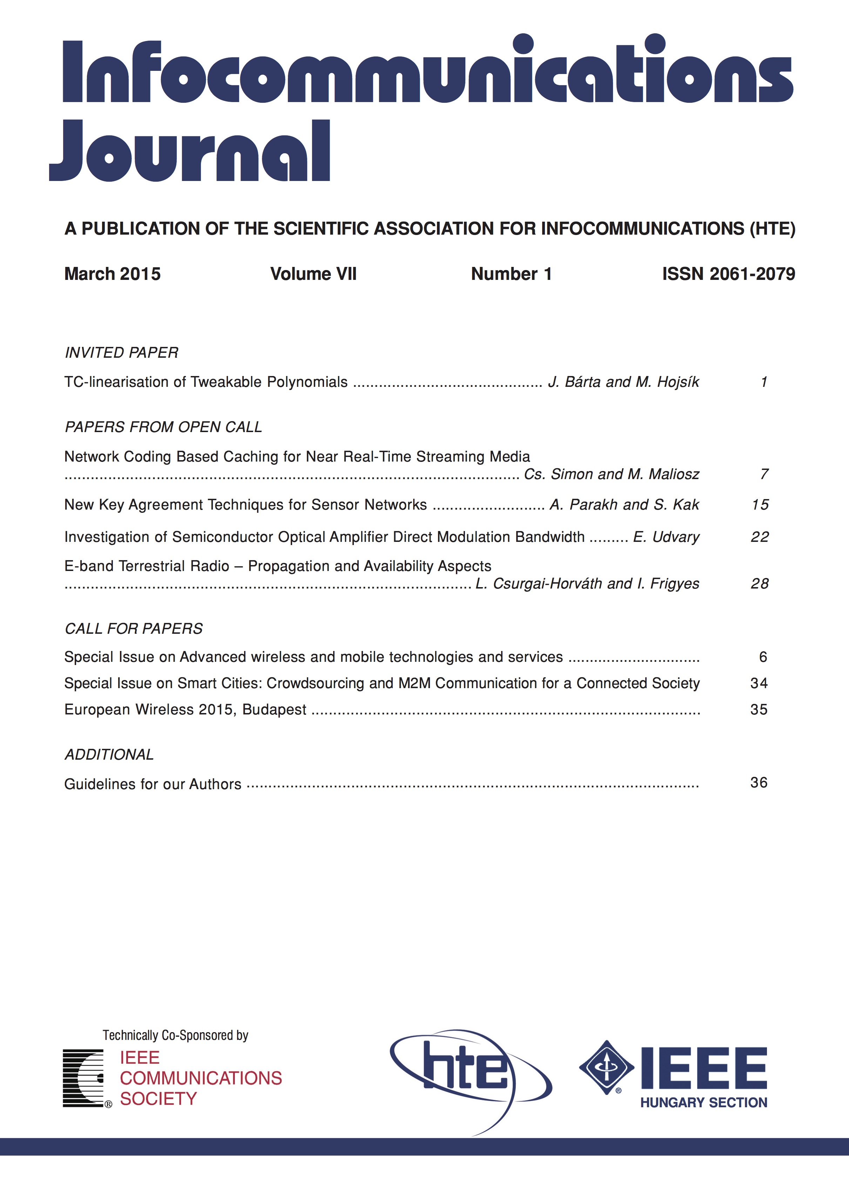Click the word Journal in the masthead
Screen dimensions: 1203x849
(x=190, y=152)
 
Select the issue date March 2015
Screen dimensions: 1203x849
(x=112, y=274)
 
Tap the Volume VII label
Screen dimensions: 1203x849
(x=313, y=274)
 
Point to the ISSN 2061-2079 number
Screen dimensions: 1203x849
(x=728, y=274)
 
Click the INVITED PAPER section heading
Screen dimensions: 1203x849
(x=121, y=352)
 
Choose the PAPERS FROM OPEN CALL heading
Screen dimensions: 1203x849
(x=163, y=427)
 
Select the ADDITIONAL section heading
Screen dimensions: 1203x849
(x=109, y=754)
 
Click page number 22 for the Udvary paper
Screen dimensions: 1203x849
(x=760, y=537)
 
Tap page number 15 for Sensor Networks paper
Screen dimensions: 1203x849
(x=760, y=505)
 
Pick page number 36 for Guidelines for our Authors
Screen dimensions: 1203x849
(x=759, y=783)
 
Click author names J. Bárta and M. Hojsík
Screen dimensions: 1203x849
(x=623, y=382)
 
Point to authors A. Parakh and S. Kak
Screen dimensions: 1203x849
(x=624, y=505)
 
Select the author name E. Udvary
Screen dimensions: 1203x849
(x=666, y=537)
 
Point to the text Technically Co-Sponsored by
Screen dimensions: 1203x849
(x=175, y=1035)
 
